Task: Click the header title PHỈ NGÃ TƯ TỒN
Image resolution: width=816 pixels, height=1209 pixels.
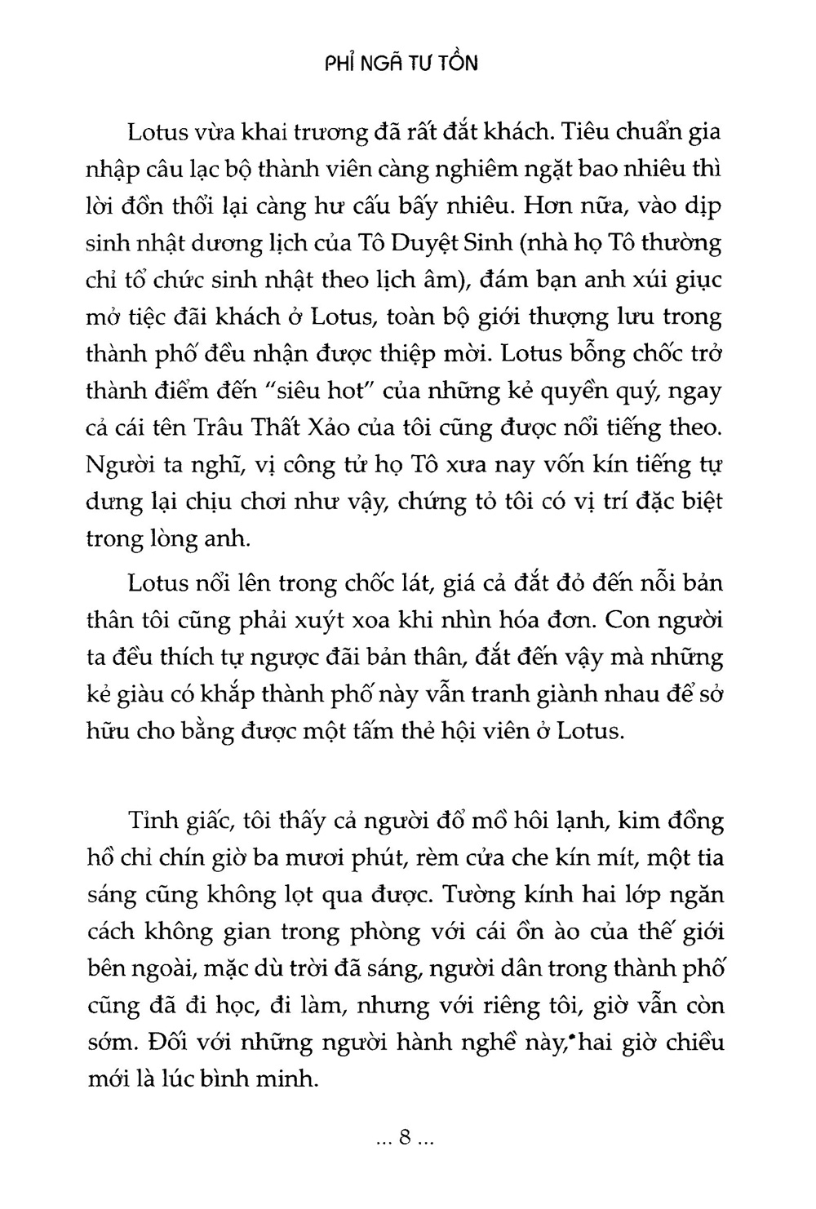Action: coord(397,63)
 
